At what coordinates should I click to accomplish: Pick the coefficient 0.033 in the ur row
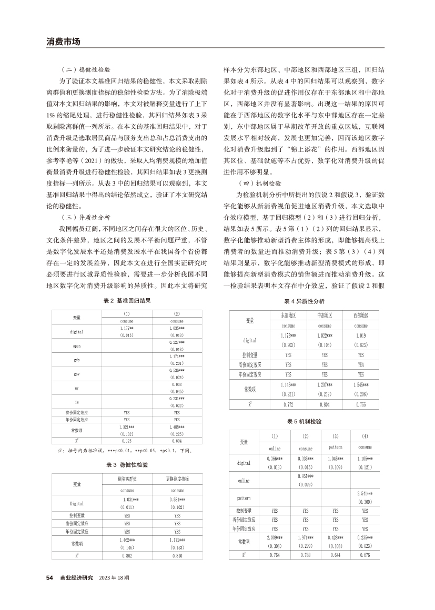177,384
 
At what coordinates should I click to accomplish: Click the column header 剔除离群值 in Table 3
127,480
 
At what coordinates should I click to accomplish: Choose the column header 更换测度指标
177,480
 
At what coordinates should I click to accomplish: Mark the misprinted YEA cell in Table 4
360,364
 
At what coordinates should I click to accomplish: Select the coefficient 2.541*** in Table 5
365,494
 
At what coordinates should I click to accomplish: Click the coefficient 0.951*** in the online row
305,475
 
